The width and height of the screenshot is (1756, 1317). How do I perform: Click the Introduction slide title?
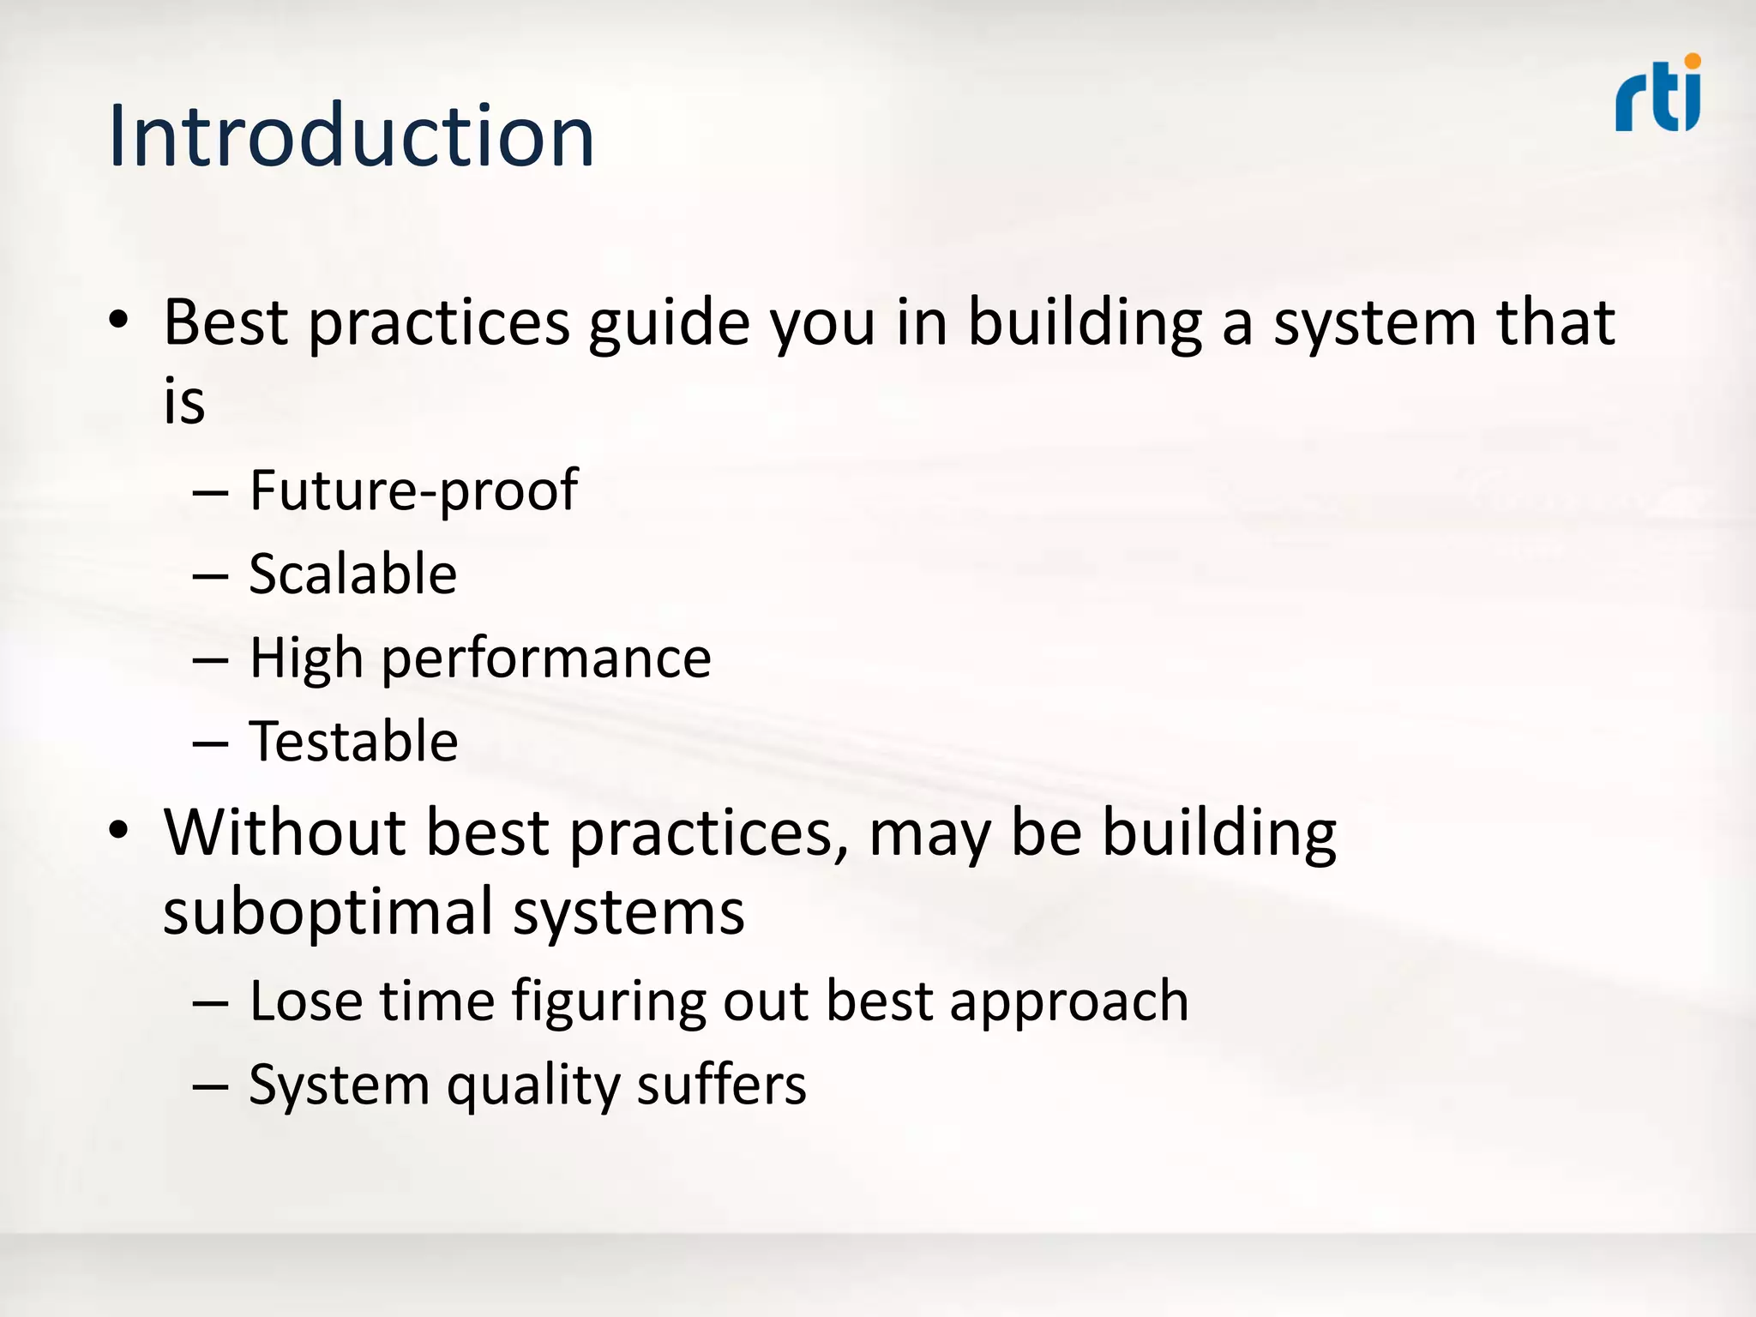point(351,135)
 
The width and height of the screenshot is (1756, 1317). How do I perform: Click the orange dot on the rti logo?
point(1692,61)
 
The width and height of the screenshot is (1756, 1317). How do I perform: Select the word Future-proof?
point(413,491)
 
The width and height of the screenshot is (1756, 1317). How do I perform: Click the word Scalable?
point(352,574)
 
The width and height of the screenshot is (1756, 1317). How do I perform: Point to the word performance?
point(546,658)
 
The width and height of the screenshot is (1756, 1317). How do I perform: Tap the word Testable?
point(353,741)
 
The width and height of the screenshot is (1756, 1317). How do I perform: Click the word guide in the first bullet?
point(669,324)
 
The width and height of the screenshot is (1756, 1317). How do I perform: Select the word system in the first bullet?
point(1374,324)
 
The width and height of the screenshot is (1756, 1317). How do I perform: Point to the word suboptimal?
point(325,911)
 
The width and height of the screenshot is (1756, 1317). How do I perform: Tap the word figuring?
point(608,1001)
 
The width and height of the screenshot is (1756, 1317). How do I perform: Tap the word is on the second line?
point(184,401)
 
